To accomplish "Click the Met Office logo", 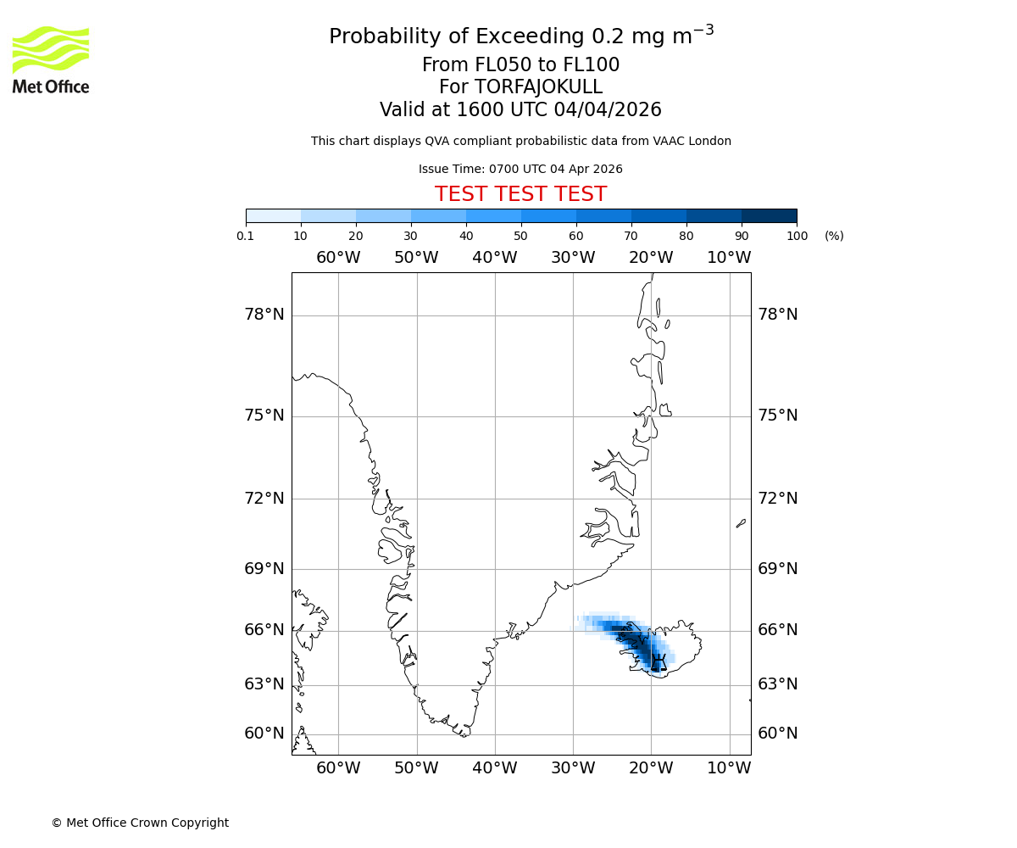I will (x=51, y=59).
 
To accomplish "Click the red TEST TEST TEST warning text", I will (x=520, y=195).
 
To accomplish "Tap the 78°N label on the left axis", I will (x=264, y=315).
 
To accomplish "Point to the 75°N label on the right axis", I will (x=778, y=416).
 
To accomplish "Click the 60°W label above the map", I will (x=338, y=258).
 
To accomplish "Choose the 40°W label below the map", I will (x=495, y=768).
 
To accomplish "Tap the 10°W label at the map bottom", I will (x=729, y=768).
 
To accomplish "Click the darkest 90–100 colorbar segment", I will (x=769, y=216).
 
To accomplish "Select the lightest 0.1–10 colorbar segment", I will (x=274, y=216).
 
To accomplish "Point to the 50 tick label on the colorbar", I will (x=520, y=236).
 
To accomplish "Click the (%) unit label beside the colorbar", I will (x=834, y=236).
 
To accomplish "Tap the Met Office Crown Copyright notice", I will (x=140, y=823).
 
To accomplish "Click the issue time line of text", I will (x=520, y=170).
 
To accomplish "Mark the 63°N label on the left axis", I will (x=264, y=684).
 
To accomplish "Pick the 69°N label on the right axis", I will (x=778, y=569).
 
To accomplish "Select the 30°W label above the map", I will (x=573, y=258).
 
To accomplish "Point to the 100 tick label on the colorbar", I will (x=797, y=236).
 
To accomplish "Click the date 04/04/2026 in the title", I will (x=608, y=110).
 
